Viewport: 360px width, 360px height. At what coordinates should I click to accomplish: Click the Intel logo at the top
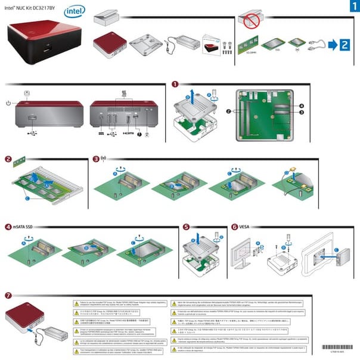click(74, 11)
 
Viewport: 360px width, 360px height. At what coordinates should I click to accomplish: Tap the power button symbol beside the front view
click(8, 103)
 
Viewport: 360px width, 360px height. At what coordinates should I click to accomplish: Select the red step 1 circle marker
click(175, 85)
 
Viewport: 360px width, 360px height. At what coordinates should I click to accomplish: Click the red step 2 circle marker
click(8, 159)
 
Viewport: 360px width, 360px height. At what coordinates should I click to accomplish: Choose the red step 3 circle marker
click(97, 159)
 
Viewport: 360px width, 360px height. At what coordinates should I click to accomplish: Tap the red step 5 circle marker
click(186, 227)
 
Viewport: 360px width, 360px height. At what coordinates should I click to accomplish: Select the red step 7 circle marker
click(8, 296)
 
